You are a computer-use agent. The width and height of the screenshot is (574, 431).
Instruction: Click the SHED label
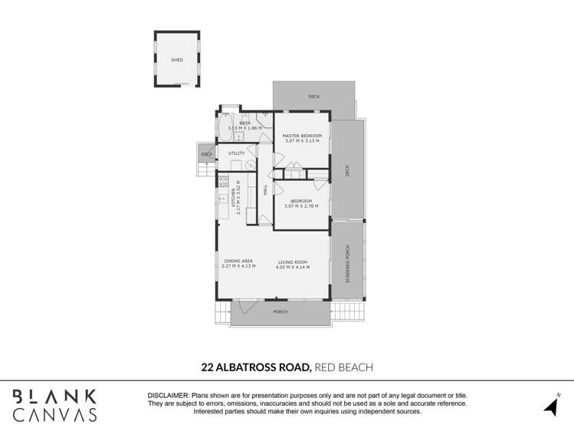tap(177, 60)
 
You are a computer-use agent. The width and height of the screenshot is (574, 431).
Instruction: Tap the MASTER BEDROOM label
tap(302, 136)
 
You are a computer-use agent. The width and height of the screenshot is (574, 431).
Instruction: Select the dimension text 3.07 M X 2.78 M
tap(302, 206)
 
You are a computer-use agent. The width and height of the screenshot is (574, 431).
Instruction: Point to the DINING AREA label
tap(238, 262)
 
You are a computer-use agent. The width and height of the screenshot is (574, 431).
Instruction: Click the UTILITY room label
tap(237, 153)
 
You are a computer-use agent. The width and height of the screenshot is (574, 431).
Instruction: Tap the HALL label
tap(265, 189)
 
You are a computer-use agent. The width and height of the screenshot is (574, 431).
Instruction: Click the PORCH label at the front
tap(280, 312)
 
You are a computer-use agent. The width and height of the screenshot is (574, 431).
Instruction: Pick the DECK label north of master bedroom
tap(313, 97)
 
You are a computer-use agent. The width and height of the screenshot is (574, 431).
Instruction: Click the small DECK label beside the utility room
tap(206, 155)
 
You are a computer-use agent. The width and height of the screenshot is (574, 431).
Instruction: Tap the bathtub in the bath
tap(225, 128)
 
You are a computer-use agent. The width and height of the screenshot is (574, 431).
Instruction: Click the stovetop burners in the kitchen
tap(223, 181)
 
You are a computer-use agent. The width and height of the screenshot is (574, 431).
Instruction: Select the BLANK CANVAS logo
tap(55, 406)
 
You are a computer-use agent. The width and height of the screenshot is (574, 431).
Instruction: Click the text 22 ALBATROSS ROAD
tap(256, 367)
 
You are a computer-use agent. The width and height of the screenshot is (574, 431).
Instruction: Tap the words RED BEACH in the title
tap(344, 367)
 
